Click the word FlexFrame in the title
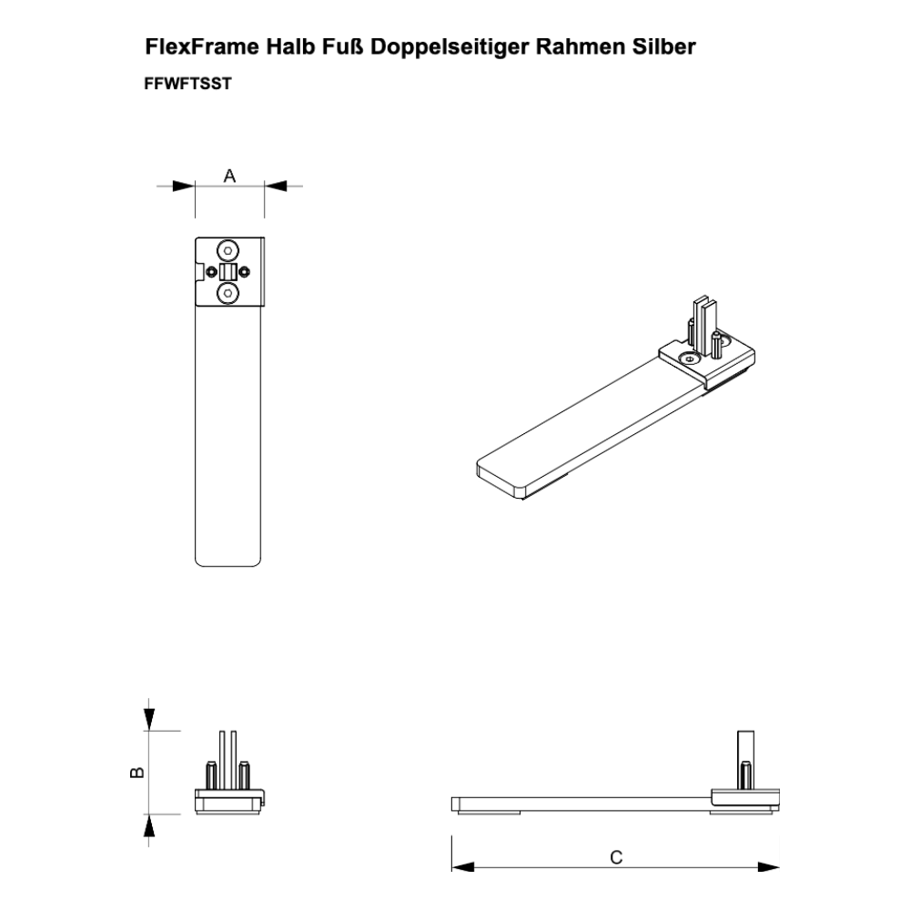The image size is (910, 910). (202, 46)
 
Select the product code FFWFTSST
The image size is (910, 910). (187, 84)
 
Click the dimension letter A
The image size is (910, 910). (230, 176)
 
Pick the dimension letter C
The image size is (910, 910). (616, 857)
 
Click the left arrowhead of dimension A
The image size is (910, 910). (184, 187)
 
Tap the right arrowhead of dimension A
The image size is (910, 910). (276, 187)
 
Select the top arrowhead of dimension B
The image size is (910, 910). (150, 720)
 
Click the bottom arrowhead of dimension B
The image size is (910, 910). (150, 824)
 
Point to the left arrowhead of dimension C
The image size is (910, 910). (463, 867)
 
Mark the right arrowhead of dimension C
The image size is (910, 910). (768, 867)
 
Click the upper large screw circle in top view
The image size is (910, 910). (228, 251)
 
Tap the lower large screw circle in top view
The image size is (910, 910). (228, 293)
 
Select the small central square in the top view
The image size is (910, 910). (228, 271)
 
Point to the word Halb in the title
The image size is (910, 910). (291, 46)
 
